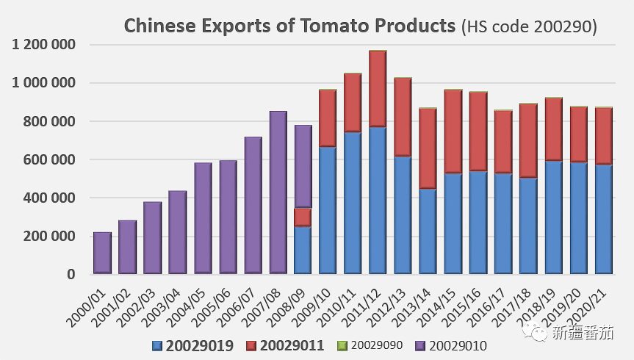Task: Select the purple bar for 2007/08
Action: pyautogui.click(x=278, y=192)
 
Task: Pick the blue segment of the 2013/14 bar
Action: pyautogui.click(x=428, y=231)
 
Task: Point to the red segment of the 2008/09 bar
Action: pyautogui.click(x=303, y=217)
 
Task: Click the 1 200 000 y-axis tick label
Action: pyautogui.click(x=44, y=45)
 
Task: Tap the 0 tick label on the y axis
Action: pyautogui.click(x=71, y=274)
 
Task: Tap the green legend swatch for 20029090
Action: pyautogui.click(x=340, y=345)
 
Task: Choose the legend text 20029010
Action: pyautogui.click(x=457, y=345)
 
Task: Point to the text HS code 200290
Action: pyautogui.click(x=529, y=27)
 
